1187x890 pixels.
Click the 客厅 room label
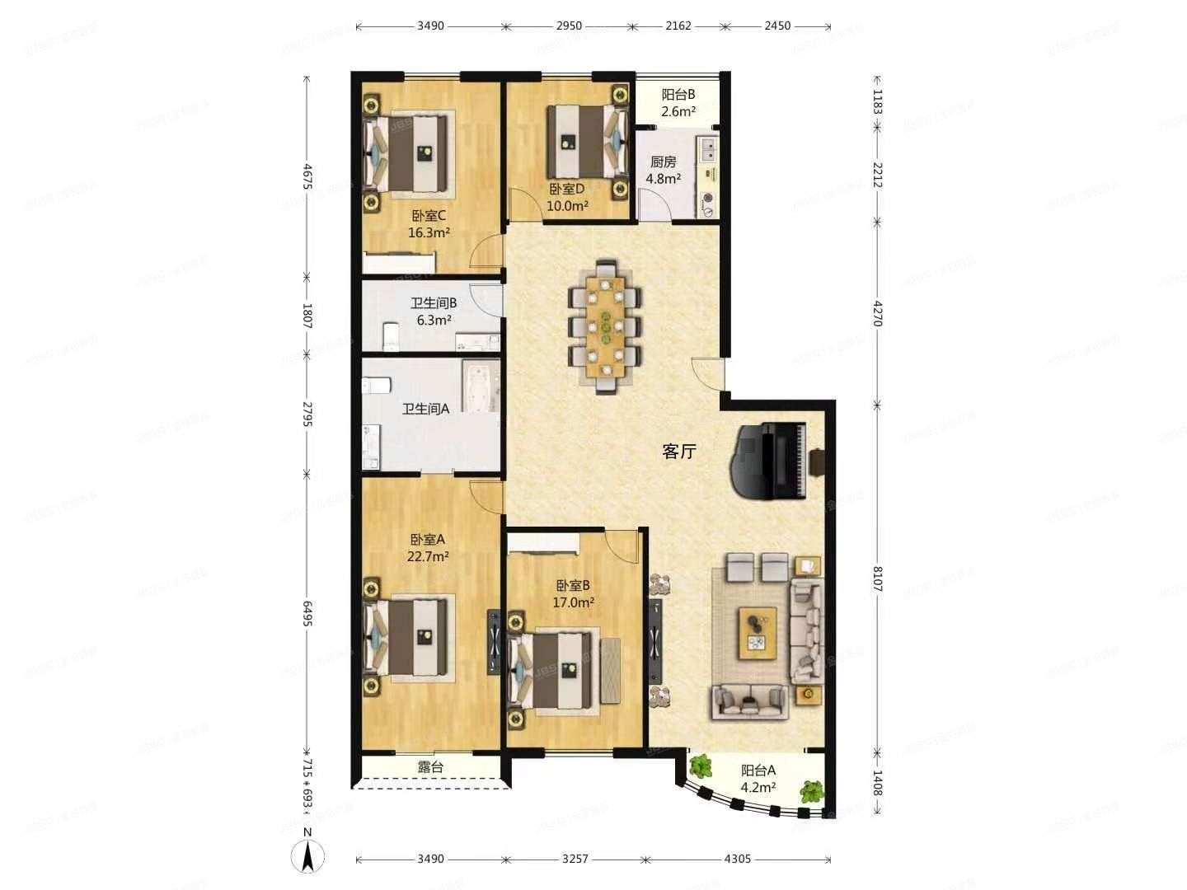tap(679, 452)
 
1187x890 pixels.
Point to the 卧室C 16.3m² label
tap(429, 224)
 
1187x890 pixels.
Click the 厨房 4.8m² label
tap(663, 171)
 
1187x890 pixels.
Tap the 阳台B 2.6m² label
tap(678, 103)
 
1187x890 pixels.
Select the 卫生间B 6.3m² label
tap(434, 311)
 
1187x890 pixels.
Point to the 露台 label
tap(430, 767)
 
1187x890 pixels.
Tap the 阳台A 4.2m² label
tap(758, 779)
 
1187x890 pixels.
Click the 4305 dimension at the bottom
tap(737, 859)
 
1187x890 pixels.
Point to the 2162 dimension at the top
tap(678, 26)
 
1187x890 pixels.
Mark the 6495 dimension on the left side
tap(307, 613)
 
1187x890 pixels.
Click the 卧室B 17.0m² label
tap(573, 594)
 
